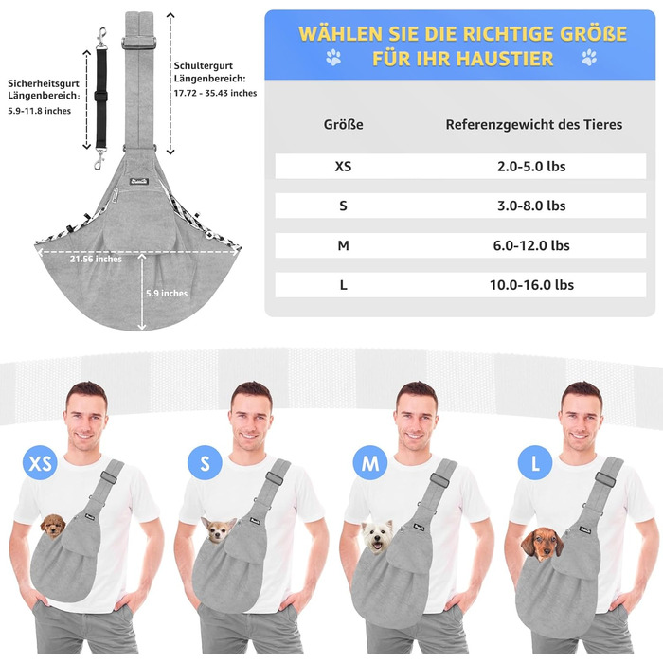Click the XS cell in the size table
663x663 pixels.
pyautogui.click(x=343, y=166)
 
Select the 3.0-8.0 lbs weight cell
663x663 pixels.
pyautogui.click(x=531, y=206)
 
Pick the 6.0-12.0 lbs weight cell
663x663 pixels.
pyautogui.click(x=531, y=245)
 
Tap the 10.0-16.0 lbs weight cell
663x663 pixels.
pyautogui.click(x=531, y=284)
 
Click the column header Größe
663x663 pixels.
pyautogui.click(x=343, y=124)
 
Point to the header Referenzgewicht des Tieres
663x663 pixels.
pyautogui.click(x=533, y=125)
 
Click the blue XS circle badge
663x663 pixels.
pyautogui.click(x=40, y=462)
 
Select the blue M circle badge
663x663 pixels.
pyautogui.click(x=370, y=462)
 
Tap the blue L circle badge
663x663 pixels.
pyautogui.click(x=535, y=462)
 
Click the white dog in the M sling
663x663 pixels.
pyautogui.click(x=378, y=536)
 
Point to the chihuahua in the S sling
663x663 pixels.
pyautogui.click(x=219, y=529)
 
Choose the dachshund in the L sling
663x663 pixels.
pyautogui.click(x=542, y=544)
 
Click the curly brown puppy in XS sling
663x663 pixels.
pyautogui.click(x=53, y=526)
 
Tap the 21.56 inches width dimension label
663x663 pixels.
pyautogui.click(x=96, y=259)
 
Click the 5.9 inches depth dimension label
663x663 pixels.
pyautogui.click(x=167, y=293)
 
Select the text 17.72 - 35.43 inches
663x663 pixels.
pyautogui.click(x=215, y=93)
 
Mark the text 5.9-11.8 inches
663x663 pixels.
pyautogui.click(x=40, y=111)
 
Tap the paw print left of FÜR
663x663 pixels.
pyautogui.click(x=333, y=58)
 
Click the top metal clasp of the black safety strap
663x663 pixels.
pyautogui.click(x=101, y=38)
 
